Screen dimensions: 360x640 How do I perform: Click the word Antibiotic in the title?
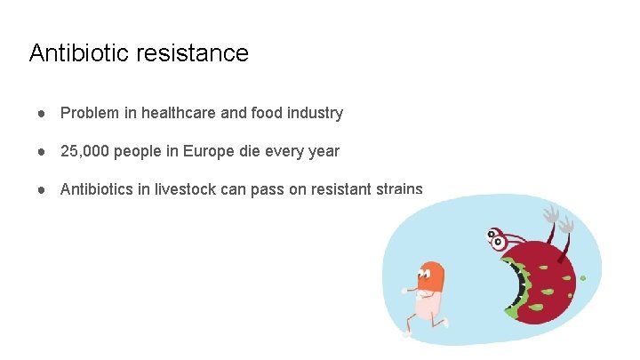79,53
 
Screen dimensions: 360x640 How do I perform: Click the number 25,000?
86,151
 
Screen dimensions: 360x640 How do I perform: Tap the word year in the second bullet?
324,151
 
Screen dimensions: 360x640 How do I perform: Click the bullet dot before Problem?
42,114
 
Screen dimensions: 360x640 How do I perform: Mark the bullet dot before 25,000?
42,152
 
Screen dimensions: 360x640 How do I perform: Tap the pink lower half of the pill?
428,303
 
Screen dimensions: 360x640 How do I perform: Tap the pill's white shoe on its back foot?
407,334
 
